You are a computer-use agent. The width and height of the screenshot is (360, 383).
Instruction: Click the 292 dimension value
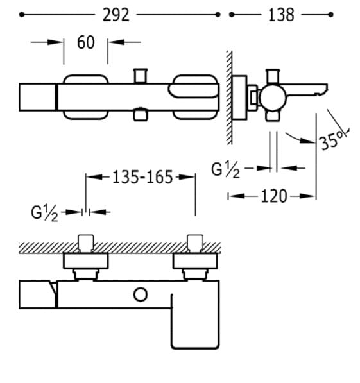coord(116,15)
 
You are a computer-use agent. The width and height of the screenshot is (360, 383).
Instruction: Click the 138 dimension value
coord(281,15)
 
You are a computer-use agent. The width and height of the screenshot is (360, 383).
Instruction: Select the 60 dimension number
coord(86,42)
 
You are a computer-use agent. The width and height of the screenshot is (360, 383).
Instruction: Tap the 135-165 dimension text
coord(142,177)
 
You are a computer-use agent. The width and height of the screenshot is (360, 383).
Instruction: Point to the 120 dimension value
coord(274,196)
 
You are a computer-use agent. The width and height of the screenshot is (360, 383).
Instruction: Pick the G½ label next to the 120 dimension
coord(225,170)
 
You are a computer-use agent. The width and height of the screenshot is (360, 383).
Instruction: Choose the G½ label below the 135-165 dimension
coord(44,213)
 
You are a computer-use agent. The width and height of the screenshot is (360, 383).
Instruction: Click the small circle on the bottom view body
coord(141,294)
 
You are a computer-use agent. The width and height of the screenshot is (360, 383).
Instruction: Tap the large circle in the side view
coord(273,98)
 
